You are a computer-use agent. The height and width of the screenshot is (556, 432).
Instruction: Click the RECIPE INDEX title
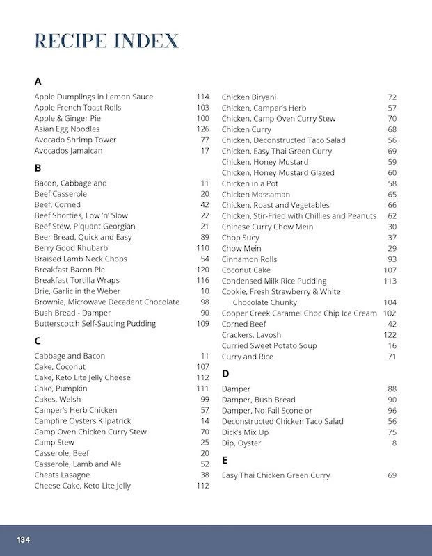pyautogui.click(x=106, y=41)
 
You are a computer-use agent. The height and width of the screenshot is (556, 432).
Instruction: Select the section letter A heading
pyautogui.click(x=38, y=81)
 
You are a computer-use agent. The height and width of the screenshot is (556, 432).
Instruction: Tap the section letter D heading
pyautogui.click(x=225, y=373)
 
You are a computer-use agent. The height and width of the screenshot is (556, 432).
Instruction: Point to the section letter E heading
pyautogui.click(x=225, y=460)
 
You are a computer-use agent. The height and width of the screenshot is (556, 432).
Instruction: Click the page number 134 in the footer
pyautogui.click(x=24, y=540)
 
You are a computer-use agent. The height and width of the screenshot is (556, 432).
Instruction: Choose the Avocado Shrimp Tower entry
pyautogui.click(x=75, y=140)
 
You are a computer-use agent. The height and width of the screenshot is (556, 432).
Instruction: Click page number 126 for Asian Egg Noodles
pyautogui.click(x=202, y=129)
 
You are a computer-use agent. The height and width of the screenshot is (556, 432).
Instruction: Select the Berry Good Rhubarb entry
pyautogui.click(x=71, y=248)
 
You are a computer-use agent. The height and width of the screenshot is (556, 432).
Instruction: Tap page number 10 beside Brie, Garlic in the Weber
pyautogui.click(x=205, y=291)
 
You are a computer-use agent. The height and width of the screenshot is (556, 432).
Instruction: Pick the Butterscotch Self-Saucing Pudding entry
pyautogui.click(x=95, y=324)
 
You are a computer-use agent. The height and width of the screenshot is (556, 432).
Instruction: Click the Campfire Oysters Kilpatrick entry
pyautogui.click(x=82, y=421)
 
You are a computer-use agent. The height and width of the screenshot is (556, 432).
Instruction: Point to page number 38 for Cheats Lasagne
pyautogui.click(x=205, y=475)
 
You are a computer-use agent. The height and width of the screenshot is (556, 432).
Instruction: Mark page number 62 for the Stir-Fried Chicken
pyautogui.click(x=392, y=216)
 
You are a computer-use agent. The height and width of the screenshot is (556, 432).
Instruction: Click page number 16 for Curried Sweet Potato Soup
pyautogui.click(x=392, y=346)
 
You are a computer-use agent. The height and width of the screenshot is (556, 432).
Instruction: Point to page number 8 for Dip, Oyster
pyautogui.click(x=394, y=443)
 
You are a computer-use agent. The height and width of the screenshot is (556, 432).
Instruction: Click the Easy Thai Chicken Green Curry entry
pyautogui.click(x=275, y=475)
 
